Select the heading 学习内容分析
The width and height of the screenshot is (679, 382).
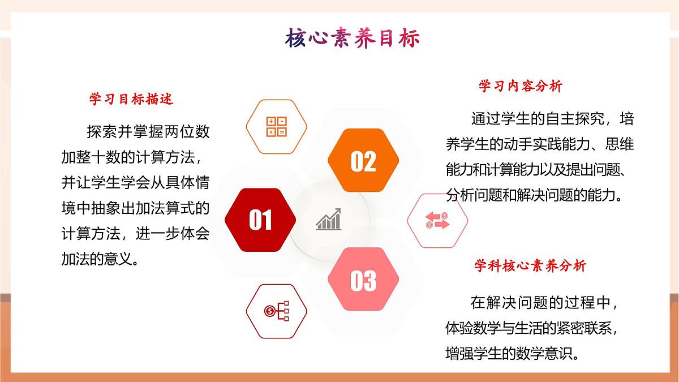point(521,87)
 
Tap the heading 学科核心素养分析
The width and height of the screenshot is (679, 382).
point(530,265)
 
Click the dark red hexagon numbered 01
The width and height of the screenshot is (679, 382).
point(260,220)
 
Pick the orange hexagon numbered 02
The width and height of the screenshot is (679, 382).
point(363,161)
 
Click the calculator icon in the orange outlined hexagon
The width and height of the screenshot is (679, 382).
point(277,127)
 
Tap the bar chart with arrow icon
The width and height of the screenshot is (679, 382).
point(329,220)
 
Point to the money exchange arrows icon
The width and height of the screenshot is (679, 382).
point(437,220)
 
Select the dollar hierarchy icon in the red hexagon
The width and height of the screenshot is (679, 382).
point(277,310)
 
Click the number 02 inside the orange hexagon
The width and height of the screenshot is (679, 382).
point(363,161)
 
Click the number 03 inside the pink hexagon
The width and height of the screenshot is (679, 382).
point(363,281)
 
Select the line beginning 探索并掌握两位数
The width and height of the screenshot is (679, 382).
point(148,132)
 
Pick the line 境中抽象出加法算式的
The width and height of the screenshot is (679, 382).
point(136,208)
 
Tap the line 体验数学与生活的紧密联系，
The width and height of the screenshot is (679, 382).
point(535,328)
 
